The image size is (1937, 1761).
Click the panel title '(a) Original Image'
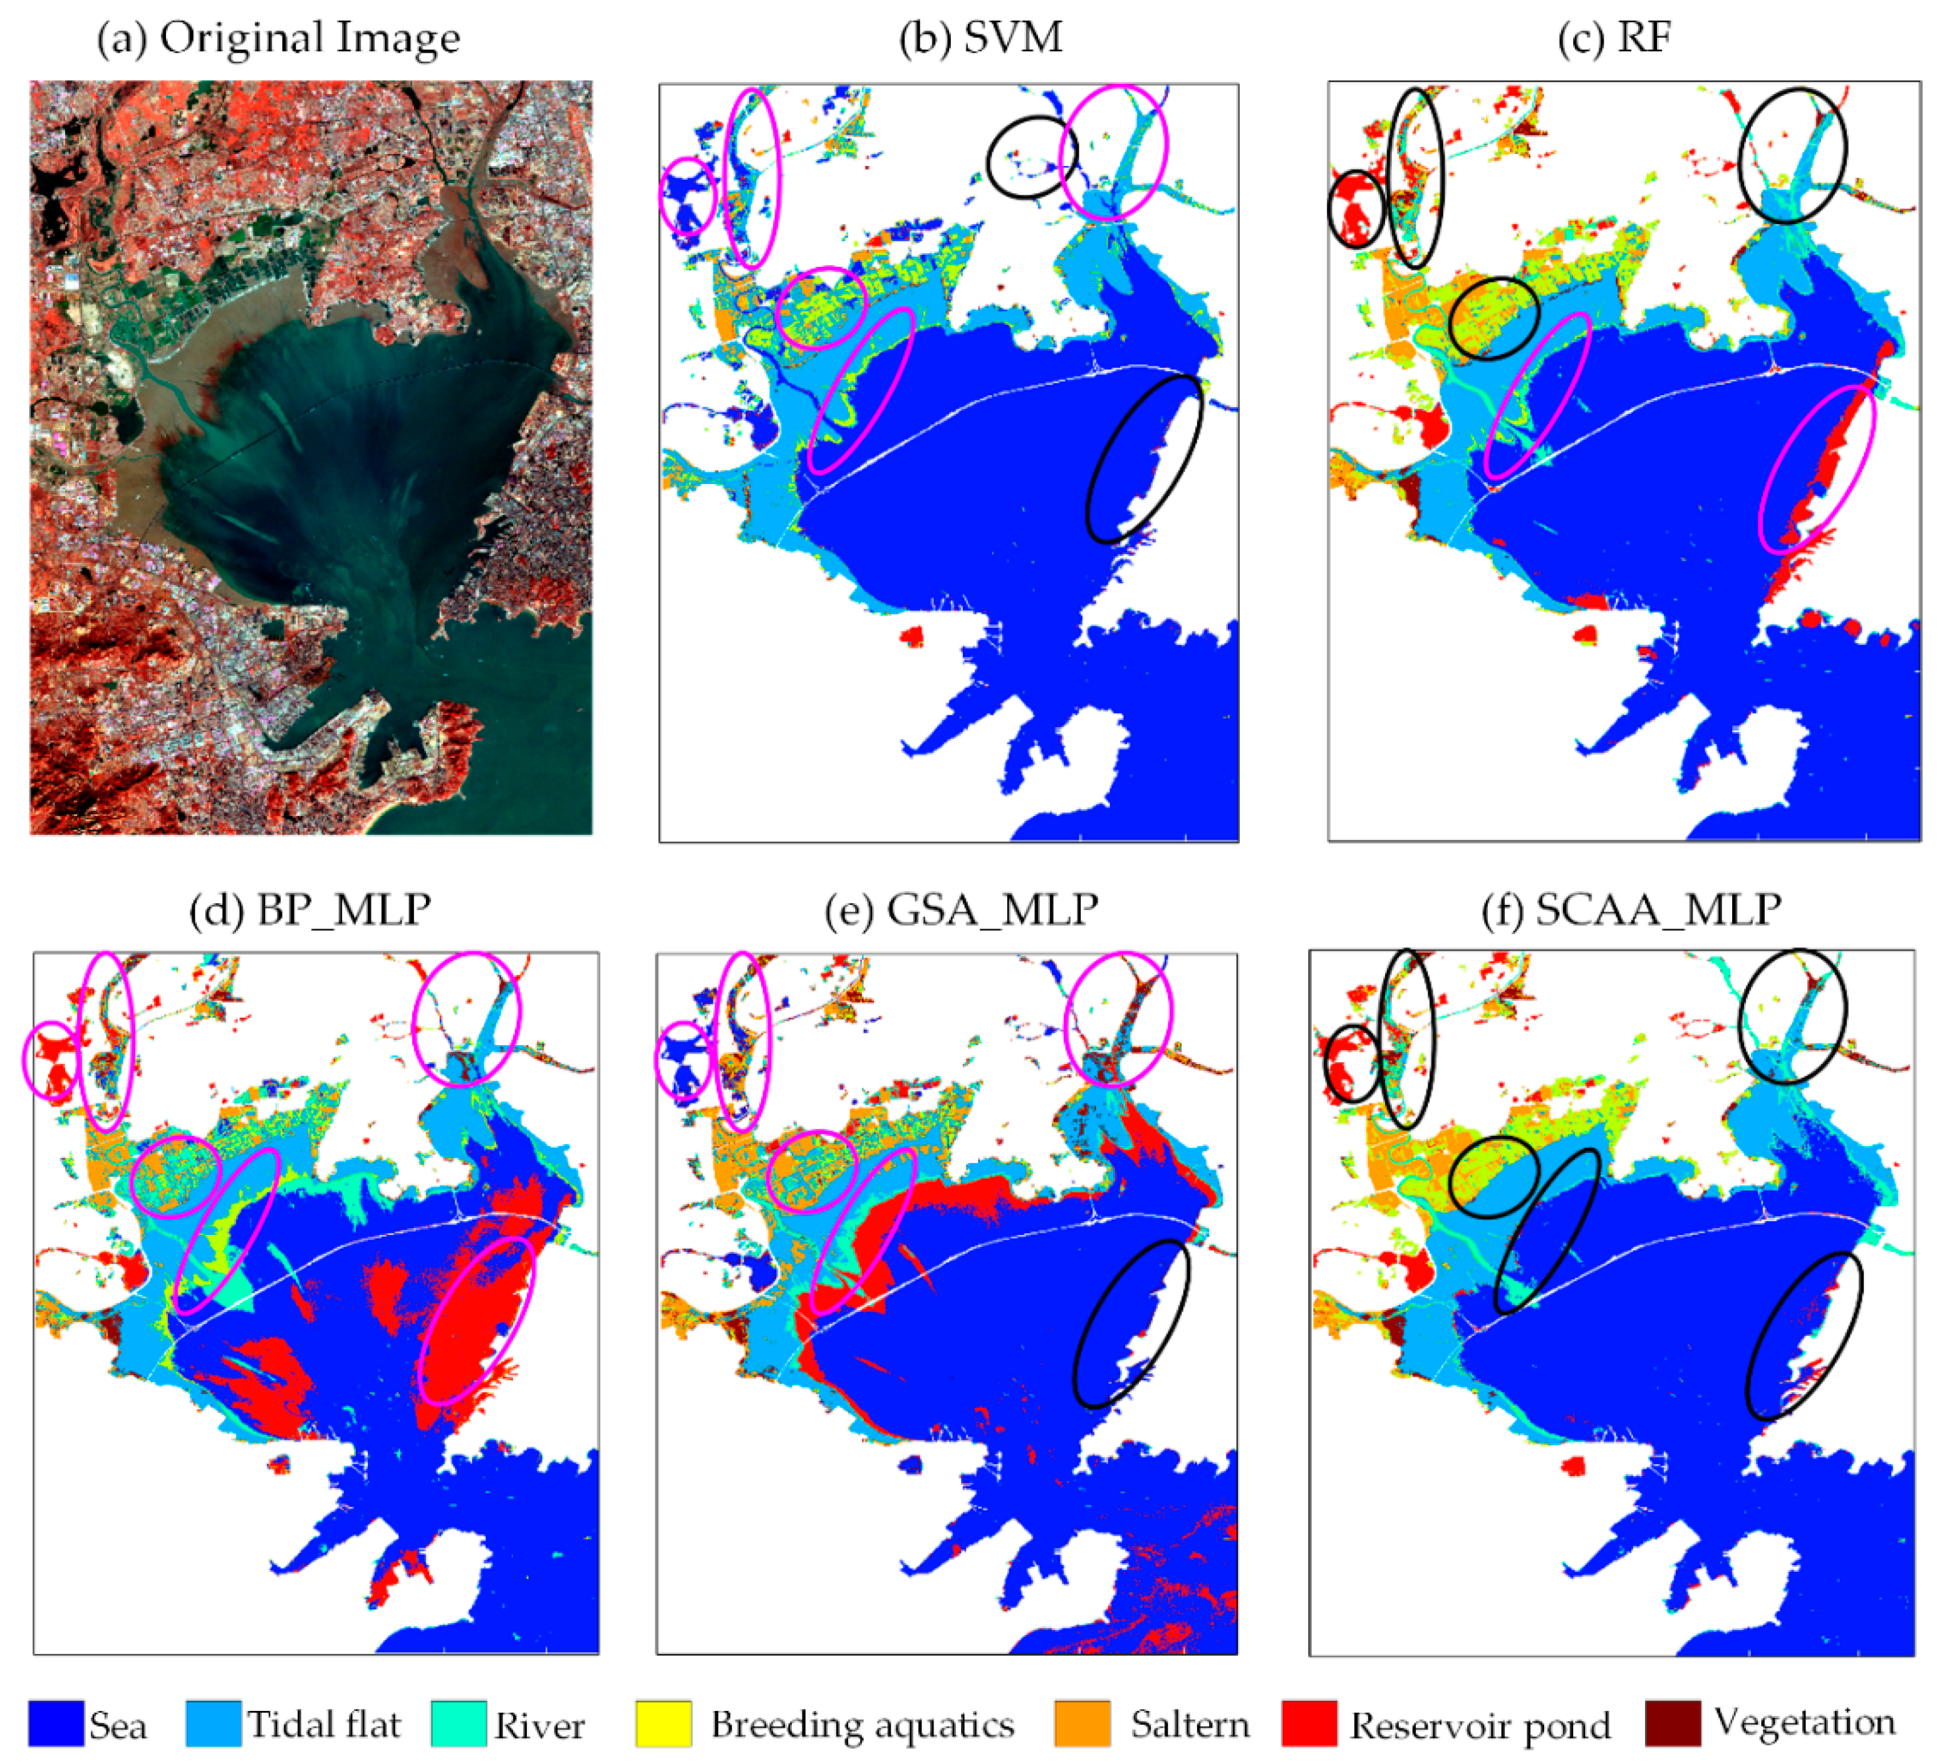(x=279, y=38)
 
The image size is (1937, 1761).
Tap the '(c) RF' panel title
(x=1614, y=38)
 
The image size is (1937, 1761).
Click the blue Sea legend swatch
(x=56, y=1723)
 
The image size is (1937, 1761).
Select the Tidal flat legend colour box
(x=213, y=1723)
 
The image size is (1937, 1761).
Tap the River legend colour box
(x=459, y=1723)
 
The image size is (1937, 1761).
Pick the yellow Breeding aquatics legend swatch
(x=663, y=1723)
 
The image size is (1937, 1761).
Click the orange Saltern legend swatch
(x=1082, y=1723)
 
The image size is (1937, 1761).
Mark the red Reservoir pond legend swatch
(x=1309, y=1723)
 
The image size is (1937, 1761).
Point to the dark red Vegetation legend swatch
(x=1673, y=1723)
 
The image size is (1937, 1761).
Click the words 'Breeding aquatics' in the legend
(x=862, y=1725)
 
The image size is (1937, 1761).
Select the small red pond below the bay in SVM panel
(x=911, y=635)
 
